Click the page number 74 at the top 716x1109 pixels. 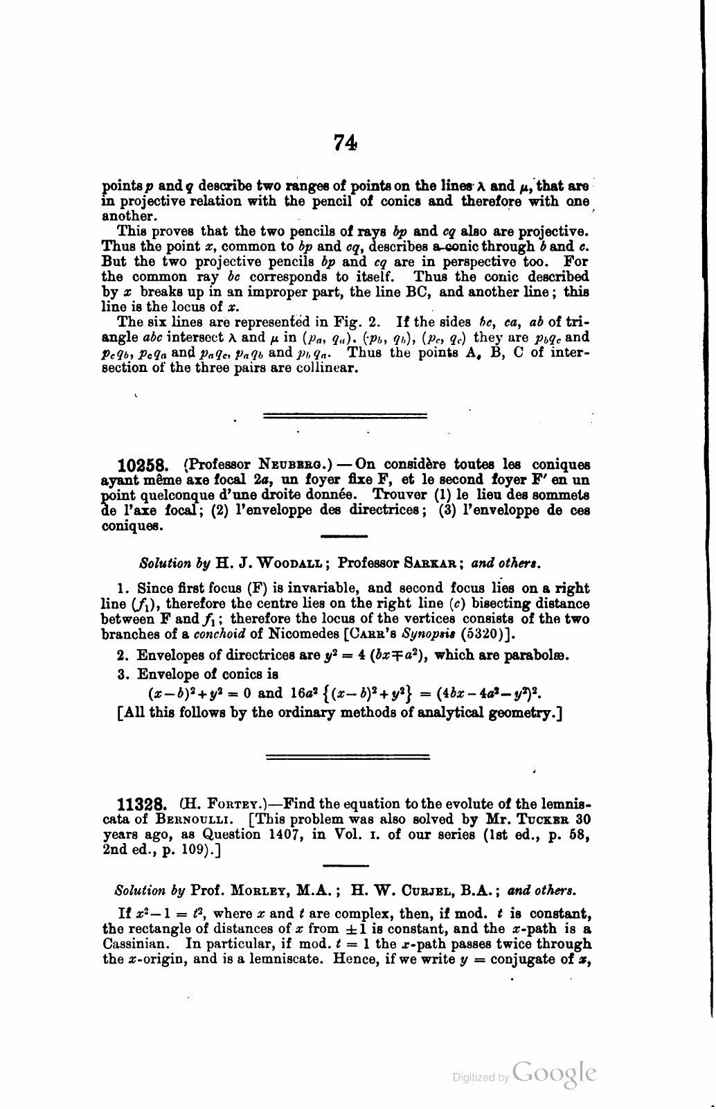click(x=345, y=143)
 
